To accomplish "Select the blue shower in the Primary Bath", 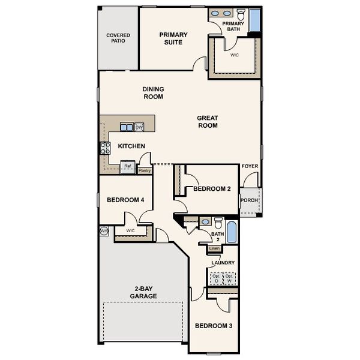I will (x=254, y=20).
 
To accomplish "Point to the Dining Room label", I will (x=153, y=92).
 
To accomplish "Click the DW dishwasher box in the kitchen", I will (x=139, y=127).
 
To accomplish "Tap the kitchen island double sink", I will (x=127, y=127).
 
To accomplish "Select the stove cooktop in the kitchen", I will (x=106, y=148).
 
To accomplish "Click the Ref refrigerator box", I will (x=128, y=167).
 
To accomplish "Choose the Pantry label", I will (x=145, y=170).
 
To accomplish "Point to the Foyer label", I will (x=249, y=166).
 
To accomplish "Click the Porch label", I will (x=249, y=200).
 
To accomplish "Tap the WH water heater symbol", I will (x=103, y=230).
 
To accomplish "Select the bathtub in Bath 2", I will (x=233, y=232).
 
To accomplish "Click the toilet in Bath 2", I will (x=218, y=223).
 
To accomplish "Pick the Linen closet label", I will (x=215, y=248).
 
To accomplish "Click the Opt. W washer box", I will (x=229, y=278).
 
